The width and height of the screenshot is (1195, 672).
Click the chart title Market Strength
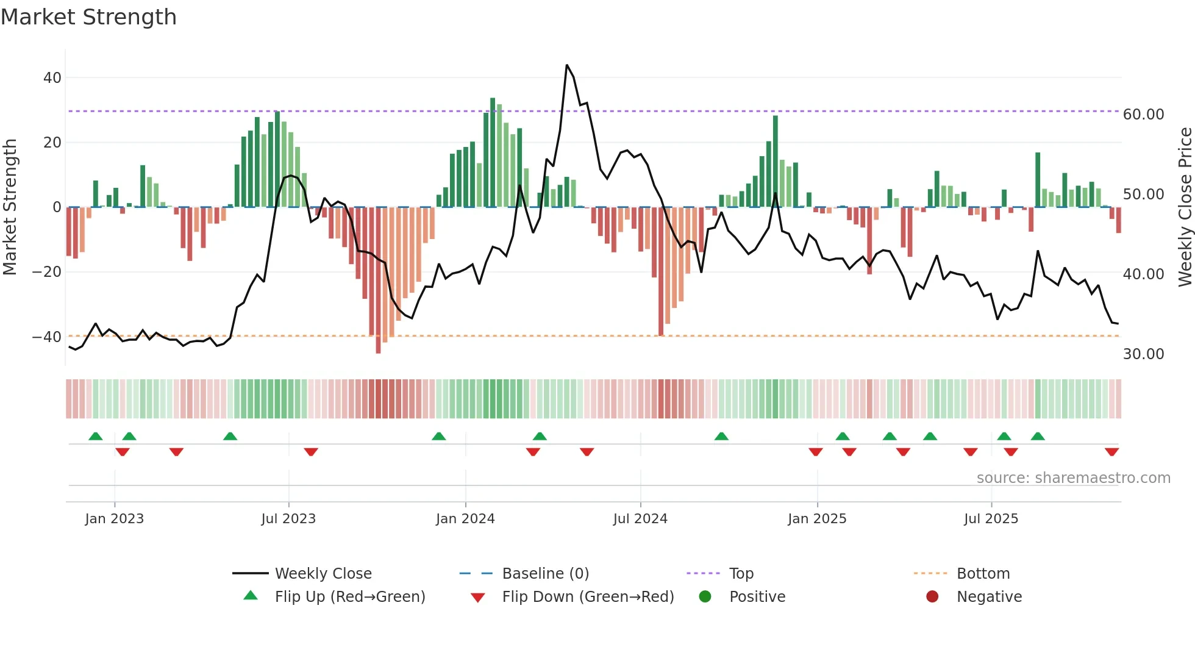click(88, 17)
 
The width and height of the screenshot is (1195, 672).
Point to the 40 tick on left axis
click(52, 78)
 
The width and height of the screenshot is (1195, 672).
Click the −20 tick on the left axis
click(47, 272)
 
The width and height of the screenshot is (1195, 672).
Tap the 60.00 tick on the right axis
click(1143, 115)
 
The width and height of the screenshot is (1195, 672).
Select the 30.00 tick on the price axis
click(1143, 354)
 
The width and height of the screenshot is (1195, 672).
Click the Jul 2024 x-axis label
click(640, 519)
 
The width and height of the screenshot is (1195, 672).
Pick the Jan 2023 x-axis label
click(115, 519)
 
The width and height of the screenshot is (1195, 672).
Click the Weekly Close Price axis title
click(1185, 207)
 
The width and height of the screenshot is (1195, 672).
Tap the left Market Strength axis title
click(10, 207)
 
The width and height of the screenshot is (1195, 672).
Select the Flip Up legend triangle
click(251, 596)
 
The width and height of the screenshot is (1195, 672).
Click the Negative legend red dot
click(932, 597)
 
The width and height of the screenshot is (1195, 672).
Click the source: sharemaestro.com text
click(1073, 478)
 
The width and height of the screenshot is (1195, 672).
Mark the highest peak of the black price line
click(567, 65)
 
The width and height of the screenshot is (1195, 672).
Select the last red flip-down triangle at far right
click(1111, 452)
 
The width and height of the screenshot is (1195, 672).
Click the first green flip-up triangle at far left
click(96, 436)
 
